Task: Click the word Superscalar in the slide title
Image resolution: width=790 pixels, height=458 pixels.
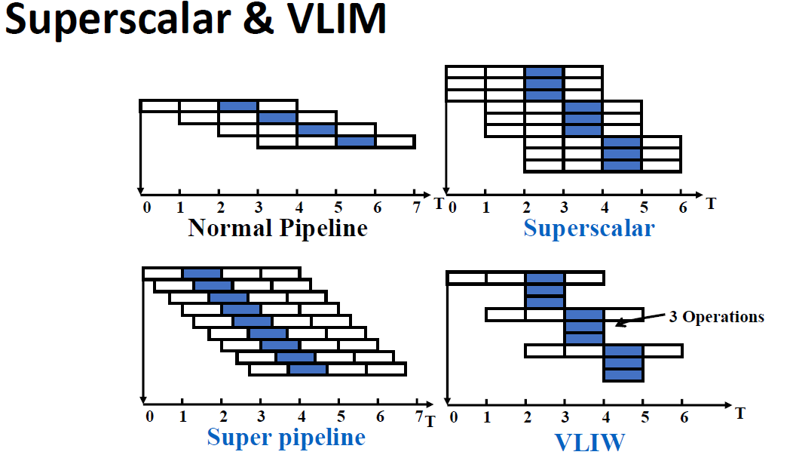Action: (118, 19)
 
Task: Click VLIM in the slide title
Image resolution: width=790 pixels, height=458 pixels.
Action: (336, 18)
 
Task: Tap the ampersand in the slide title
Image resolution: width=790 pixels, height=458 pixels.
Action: (259, 19)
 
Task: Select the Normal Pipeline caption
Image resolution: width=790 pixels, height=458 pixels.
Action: (278, 228)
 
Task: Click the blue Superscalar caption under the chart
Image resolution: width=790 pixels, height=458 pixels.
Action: (589, 228)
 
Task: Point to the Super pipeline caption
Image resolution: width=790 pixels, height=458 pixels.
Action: (286, 438)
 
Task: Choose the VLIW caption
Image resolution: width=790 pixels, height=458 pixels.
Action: (589, 442)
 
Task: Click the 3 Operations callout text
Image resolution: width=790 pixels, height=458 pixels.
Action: (716, 317)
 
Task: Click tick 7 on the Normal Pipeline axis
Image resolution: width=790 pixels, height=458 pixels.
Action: (416, 207)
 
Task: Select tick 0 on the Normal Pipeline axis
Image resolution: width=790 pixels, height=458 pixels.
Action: (146, 207)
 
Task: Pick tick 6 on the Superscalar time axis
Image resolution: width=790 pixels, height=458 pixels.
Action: (683, 207)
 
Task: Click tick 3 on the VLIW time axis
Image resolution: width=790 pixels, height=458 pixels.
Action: (565, 417)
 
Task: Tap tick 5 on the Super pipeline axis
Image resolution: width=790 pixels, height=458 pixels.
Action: (341, 417)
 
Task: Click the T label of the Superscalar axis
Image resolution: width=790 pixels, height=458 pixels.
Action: (710, 204)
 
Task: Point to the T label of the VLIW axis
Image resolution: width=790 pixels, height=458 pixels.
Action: (739, 413)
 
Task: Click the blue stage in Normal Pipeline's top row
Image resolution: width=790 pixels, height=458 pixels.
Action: (238, 106)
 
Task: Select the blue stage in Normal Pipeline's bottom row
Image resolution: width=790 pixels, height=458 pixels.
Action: (356, 142)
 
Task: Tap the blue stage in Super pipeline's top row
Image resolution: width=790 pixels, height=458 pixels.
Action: (202, 274)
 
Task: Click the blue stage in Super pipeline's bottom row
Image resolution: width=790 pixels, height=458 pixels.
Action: (308, 369)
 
